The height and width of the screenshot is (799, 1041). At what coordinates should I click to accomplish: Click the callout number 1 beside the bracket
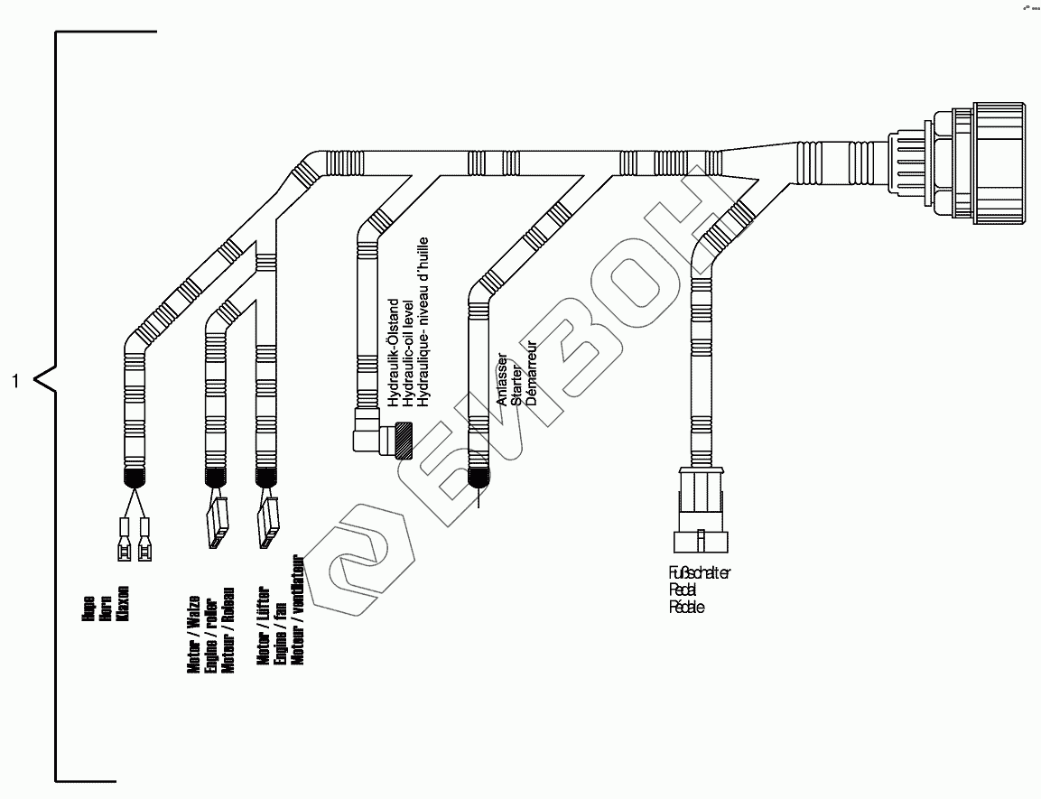[x=14, y=381]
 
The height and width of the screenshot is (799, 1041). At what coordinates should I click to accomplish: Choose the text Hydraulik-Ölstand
[x=393, y=354]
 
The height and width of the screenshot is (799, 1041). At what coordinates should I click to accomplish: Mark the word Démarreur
[x=532, y=372]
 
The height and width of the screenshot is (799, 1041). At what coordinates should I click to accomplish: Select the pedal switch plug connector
[x=701, y=509]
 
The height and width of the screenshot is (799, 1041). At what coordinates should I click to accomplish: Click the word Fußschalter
[x=700, y=573]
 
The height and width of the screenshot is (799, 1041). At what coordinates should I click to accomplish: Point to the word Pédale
[x=686, y=608]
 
